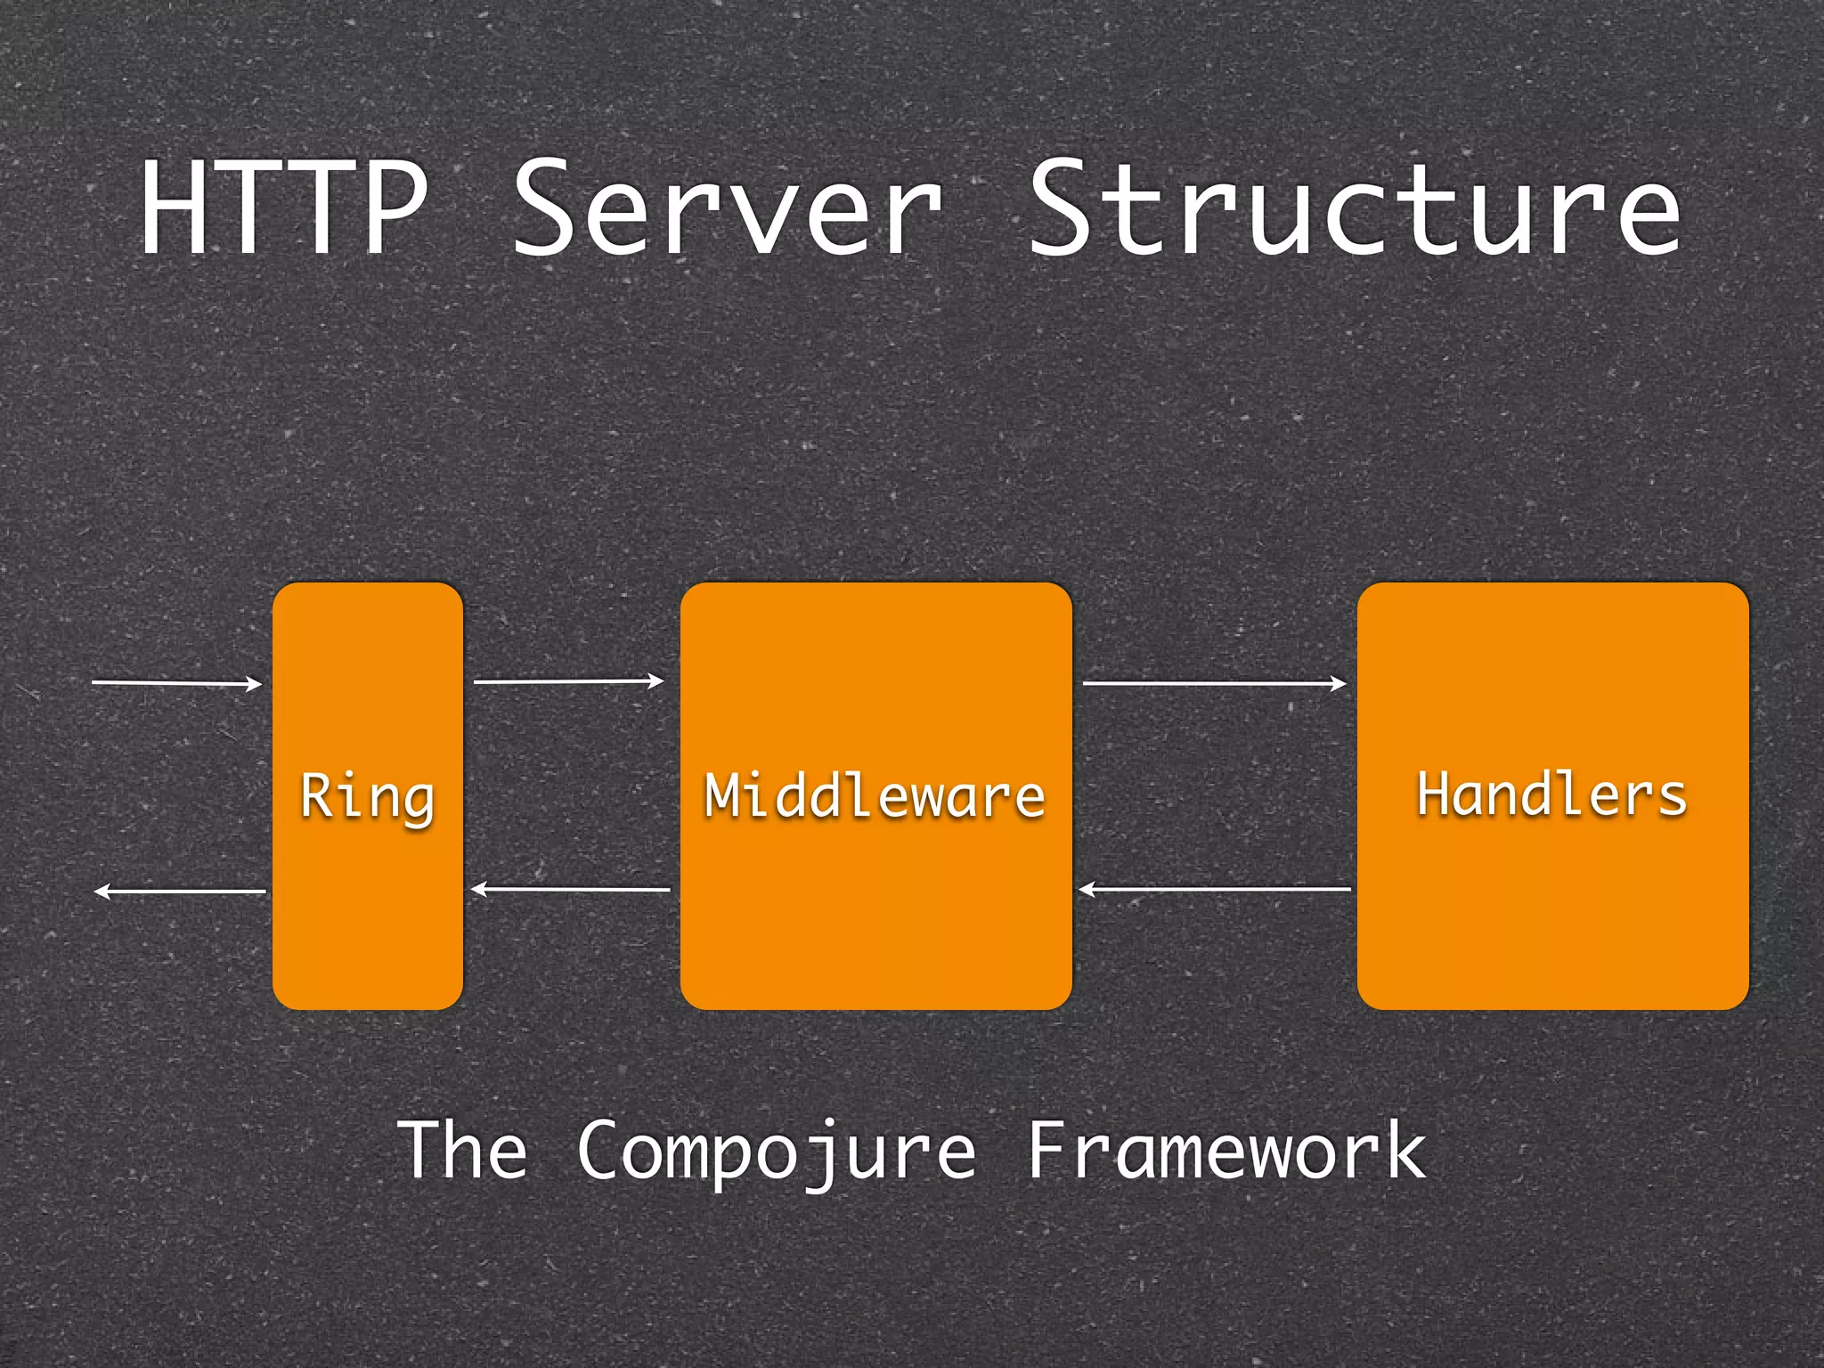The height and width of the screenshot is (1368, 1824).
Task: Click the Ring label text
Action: tap(367, 795)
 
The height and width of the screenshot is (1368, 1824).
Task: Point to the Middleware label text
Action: tap(875, 795)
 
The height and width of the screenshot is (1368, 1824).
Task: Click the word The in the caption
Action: tap(461, 1150)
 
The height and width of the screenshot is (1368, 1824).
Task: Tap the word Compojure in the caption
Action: tap(777, 1152)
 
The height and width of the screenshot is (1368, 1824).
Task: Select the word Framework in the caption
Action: tap(1226, 1150)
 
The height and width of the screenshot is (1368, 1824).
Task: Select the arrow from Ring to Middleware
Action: tap(568, 681)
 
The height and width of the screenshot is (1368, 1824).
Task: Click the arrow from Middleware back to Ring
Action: tap(570, 889)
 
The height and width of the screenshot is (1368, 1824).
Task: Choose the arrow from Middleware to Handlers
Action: tap(1213, 683)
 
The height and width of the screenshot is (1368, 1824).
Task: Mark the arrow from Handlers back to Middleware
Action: tap(1215, 889)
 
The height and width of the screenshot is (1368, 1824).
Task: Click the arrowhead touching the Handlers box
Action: tap(1339, 683)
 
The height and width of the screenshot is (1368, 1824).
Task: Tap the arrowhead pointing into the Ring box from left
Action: tap(256, 683)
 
